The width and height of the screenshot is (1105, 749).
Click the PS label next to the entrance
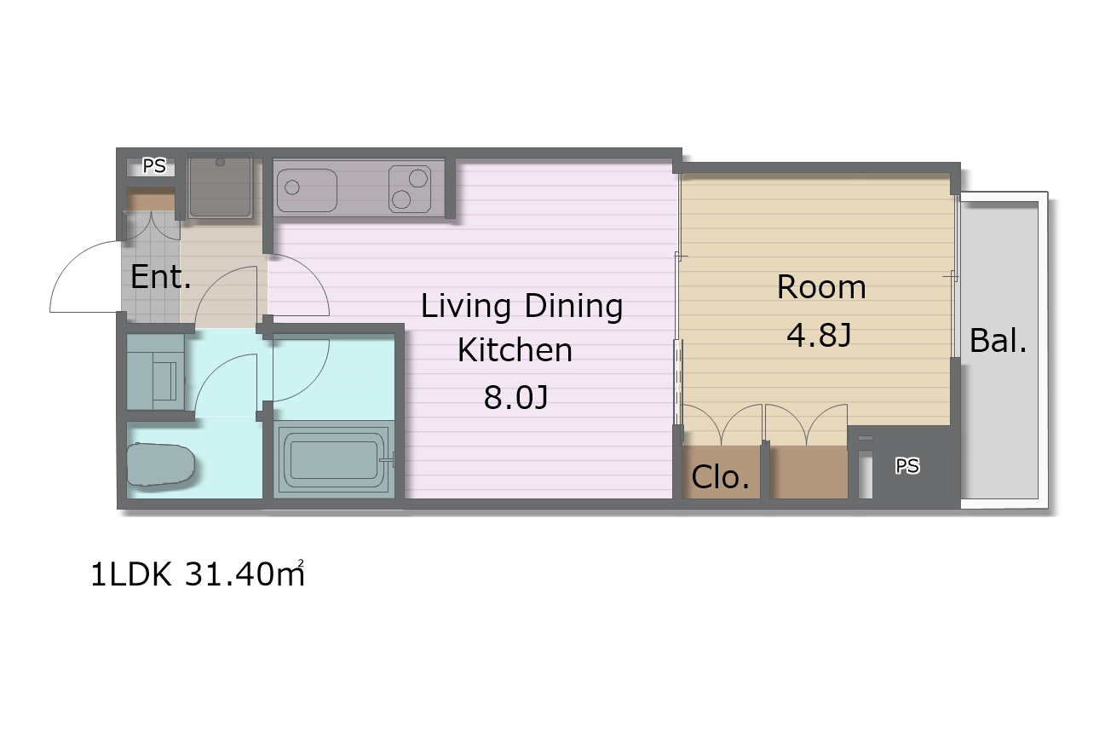click(x=154, y=166)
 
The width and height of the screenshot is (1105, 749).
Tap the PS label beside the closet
click(x=907, y=466)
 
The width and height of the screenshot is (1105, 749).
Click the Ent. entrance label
click(x=160, y=277)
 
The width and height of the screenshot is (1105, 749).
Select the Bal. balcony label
click(x=998, y=341)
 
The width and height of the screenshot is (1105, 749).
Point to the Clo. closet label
click(x=720, y=477)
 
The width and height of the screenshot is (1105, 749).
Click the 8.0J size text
click(x=515, y=398)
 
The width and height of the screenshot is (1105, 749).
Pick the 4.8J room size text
click(x=819, y=336)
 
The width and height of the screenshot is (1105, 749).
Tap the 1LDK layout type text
click(x=131, y=574)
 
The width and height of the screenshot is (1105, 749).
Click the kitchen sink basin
click(x=307, y=190)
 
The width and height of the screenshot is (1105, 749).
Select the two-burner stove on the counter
click(x=410, y=189)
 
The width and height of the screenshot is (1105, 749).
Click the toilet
click(x=160, y=464)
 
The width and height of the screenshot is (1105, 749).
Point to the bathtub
click(x=334, y=460)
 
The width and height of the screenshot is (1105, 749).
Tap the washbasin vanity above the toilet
click(x=155, y=372)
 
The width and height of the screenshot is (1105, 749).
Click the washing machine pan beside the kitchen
click(x=220, y=187)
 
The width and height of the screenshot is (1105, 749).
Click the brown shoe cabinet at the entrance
click(x=151, y=199)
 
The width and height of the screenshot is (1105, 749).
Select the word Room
click(x=821, y=286)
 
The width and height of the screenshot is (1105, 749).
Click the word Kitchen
click(x=515, y=350)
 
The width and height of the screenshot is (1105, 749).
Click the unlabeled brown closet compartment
click(x=809, y=472)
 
